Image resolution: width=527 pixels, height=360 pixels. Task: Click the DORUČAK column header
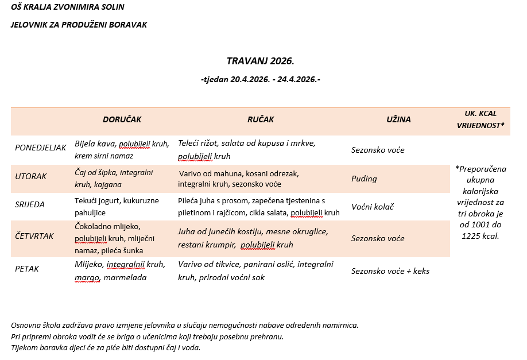pyautogui.click(x=122, y=119)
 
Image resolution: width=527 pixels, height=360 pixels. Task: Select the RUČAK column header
pyautogui.click(x=261, y=119)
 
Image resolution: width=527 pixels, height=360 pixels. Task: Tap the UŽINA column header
pyautogui.click(x=398, y=119)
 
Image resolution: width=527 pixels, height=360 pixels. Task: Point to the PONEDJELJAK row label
pyautogui.click(x=41, y=148)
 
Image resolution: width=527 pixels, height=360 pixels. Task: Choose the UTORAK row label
pyautogui.click(x=31, y=176)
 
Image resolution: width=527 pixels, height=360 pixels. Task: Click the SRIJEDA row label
pyautogui.click(x=30, y=204)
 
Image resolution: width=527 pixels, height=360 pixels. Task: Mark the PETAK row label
pyautogui.click(x=27, y=268)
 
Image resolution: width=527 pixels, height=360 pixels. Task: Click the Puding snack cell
pyautogui.click(x=364, y=179)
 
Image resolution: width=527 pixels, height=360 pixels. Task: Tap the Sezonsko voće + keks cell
pyautogui.click(x=390, y=271)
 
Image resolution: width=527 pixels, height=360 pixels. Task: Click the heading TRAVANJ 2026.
pyautogui.click(x=260, y=61)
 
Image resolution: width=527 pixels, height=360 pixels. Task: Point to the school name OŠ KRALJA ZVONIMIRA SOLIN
pyautogui.click(x=68, y=7)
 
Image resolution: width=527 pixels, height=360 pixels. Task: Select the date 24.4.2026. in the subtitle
pyautogui.click(x=297, y=79)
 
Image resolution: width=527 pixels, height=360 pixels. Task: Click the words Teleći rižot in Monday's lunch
pyautogui.click(x=197, y=143)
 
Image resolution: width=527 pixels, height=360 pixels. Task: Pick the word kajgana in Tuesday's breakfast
pyautogui.click(x=107, y=184)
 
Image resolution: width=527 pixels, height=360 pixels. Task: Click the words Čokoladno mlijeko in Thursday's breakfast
pyautogui.click(x=107, y=227)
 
